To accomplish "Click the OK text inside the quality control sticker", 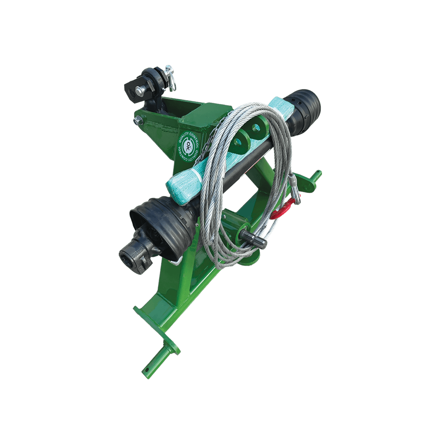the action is [x=188, y=147].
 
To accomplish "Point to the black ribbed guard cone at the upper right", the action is [x=304, y=110].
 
